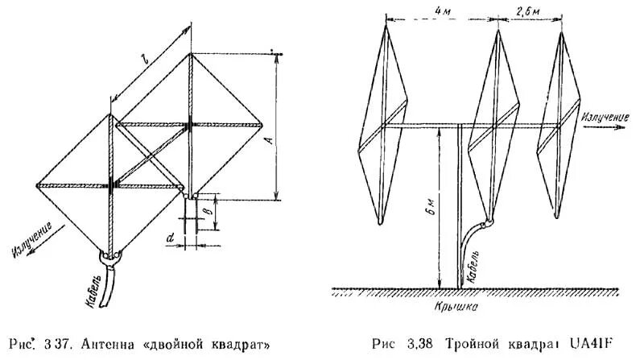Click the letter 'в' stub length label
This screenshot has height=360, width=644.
click(206, 211)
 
